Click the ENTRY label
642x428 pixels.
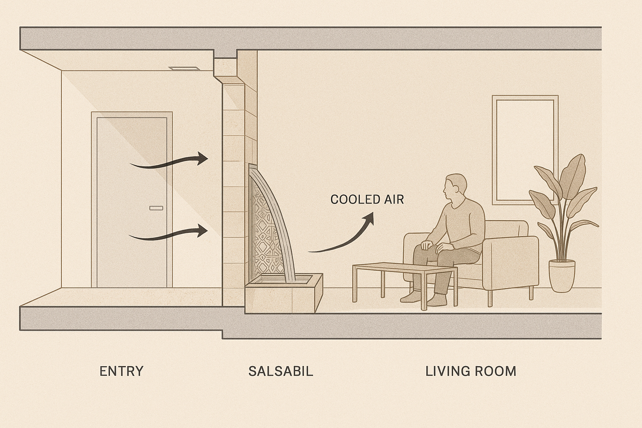pyautogui.click(x=121, y=371)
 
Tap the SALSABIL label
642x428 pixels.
pyautogui.click(x=280, y=371)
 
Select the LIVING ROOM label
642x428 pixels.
pyautogui.click(x=471, y=371)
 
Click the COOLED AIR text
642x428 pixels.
pyautogui.click(x=367, y=199)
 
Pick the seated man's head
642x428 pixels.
pyautogui.click(x=454, y=188)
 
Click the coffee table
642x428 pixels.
pyautogui.click(x=404, y=270)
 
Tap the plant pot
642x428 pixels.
pyautogui.click(x=561, y=275)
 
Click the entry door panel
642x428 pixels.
pyautogui.click(x=132, y=201)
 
